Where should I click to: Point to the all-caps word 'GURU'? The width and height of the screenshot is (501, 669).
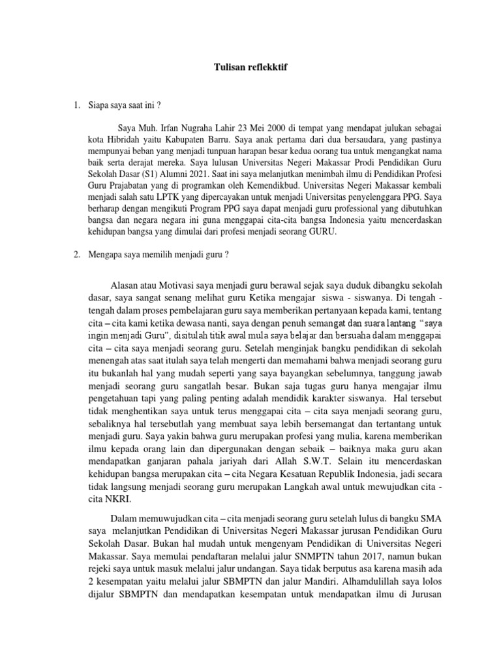tap(324, 236)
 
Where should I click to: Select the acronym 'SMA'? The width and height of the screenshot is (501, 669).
tap(411, 518)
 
